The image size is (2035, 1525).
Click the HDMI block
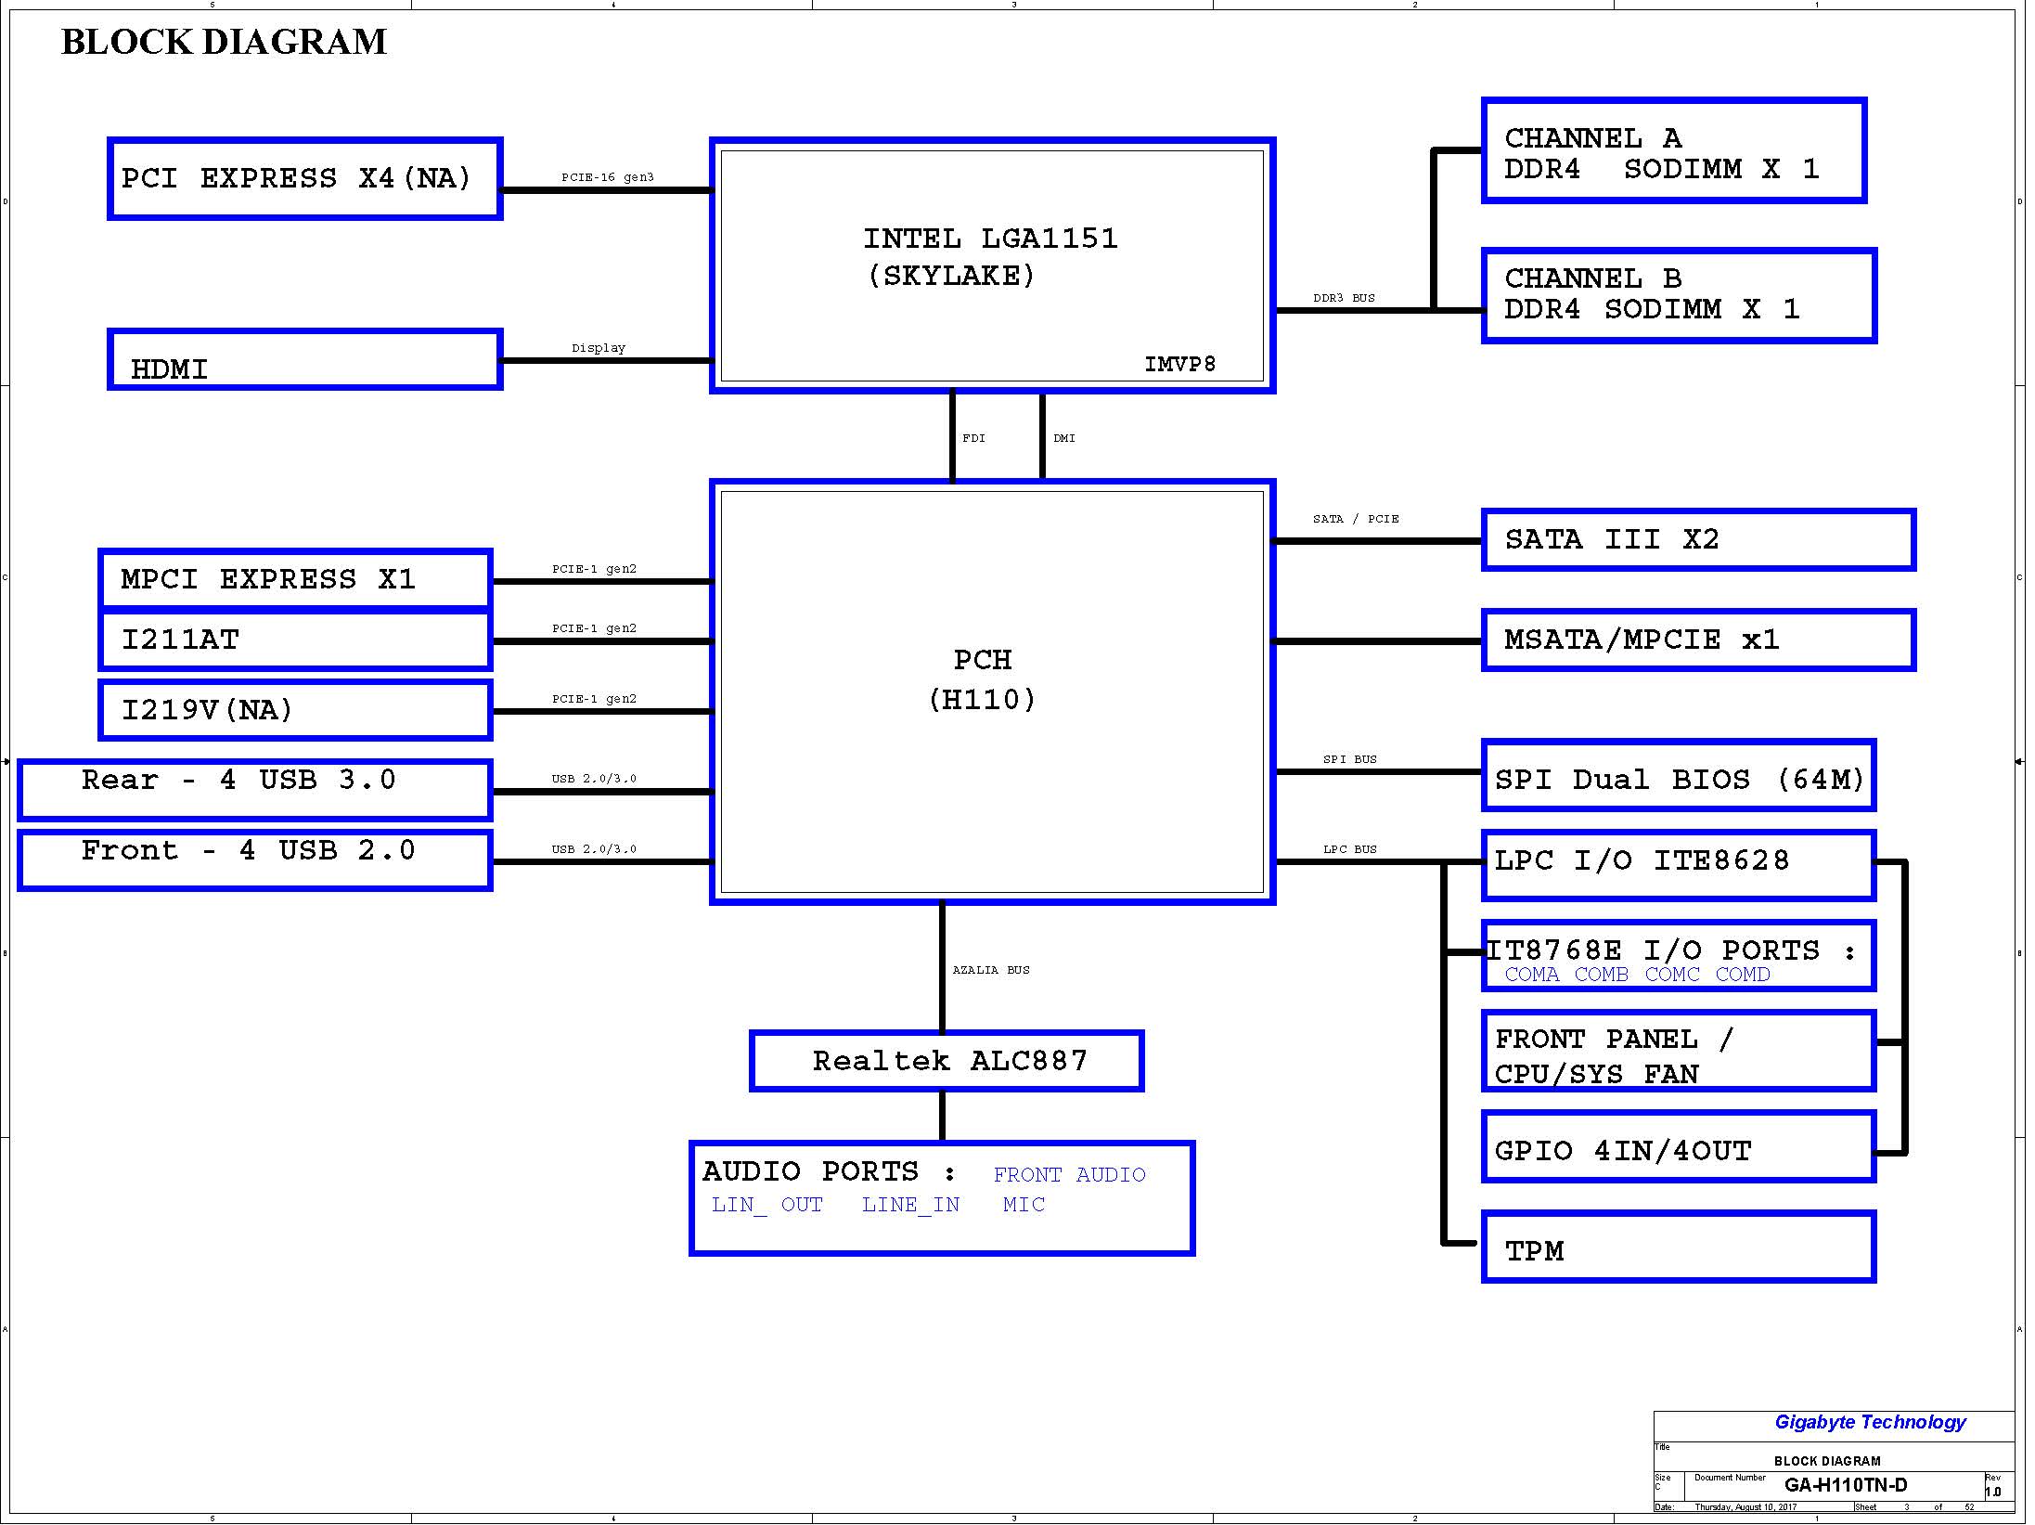tap(304, 359)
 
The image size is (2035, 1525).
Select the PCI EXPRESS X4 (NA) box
tap(304, 179)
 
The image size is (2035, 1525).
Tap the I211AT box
tap(295, 640)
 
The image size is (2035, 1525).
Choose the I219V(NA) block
tap(295, 710)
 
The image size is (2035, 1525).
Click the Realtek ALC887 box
tap(947, 1061)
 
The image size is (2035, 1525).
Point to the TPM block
tap(1679, 1247)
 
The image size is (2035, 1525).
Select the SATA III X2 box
tap(1698, 539)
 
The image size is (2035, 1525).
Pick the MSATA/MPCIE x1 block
tap(1698, 640)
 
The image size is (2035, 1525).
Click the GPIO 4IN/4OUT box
tap(1679, 1147)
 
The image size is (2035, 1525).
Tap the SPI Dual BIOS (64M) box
tap(1679, 775)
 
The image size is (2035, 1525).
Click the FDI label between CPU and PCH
tap(973, 438)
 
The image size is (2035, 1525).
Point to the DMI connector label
tap(1064, 438)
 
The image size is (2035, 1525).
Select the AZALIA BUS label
tap(991, 970)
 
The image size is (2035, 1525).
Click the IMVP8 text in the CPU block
tap(1179, 364)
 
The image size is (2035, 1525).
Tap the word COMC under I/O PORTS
tap(1672, 975)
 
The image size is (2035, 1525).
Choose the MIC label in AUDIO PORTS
tap(1024, 1205)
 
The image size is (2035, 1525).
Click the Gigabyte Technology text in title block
tap(1870, 1422)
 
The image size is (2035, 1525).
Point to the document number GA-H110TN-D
tap(1846, 1485)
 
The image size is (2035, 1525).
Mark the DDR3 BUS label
tap(1344, 298)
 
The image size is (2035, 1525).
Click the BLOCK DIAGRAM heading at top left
tap(224, 42)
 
